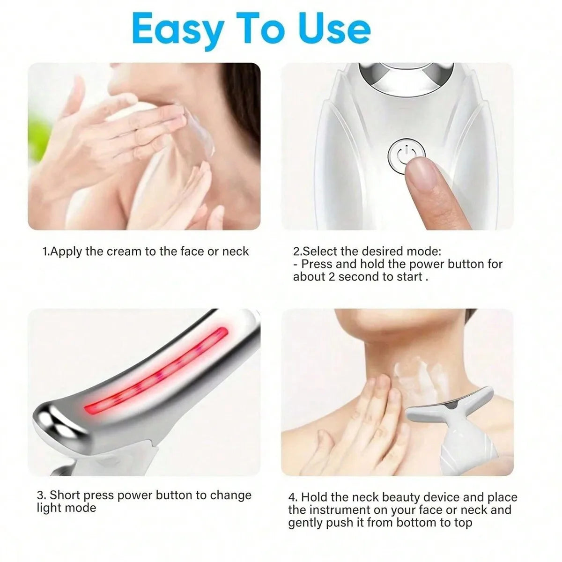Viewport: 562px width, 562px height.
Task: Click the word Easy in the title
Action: (177, 29)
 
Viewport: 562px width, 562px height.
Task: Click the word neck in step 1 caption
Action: (235, 251)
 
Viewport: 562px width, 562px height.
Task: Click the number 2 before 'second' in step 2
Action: (332, 277)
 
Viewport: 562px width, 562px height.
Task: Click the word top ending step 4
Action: (462, 523)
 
